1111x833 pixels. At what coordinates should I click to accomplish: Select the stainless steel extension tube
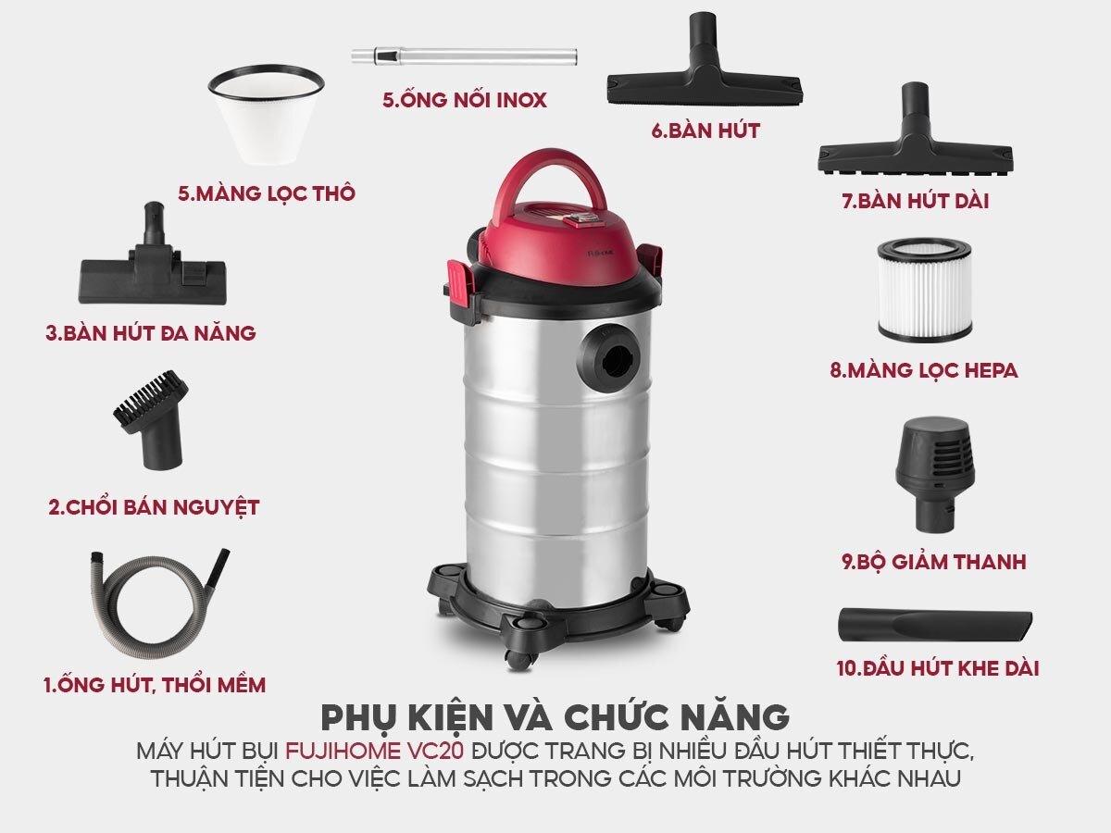[x=464, y=56]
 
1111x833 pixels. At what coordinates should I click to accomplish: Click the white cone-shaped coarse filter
[x=266, y=115]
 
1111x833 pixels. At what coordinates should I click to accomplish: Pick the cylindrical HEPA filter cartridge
[x=923, y=291]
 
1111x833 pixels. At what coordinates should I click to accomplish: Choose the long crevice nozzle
[x=935, y=624]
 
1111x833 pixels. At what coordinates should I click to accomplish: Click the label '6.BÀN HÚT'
[x=705, y=131]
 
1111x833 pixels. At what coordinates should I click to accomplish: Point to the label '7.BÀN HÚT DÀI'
[x=916, y=200]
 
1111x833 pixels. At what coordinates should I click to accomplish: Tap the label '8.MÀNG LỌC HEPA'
[x=923, y=370]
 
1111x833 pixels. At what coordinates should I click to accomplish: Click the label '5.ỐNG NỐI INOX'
[x=465, y=100]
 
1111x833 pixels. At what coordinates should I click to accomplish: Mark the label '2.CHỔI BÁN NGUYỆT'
[x=154, y=507]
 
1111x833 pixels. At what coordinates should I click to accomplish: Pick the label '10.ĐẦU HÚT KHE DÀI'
[x=937, y=667]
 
